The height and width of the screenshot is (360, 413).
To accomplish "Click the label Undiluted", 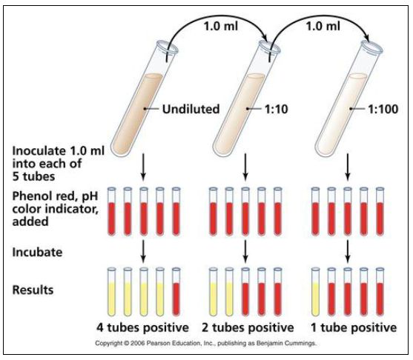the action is [191, 109].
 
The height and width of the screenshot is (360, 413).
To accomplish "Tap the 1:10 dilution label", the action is [276, 109].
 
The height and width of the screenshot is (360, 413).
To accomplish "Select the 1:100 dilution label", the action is [383, 109].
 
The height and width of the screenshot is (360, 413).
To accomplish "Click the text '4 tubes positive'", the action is [142, 327].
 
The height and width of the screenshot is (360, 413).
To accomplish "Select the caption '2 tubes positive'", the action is [248, 327].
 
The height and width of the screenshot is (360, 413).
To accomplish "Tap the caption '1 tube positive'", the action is [354, 327].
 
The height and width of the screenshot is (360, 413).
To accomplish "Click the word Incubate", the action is [37, 252].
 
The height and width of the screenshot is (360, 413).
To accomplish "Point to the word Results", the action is [33, 290].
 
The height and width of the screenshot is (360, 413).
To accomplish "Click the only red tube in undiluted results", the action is [176, 292].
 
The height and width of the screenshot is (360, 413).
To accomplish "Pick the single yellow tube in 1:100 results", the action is [316, 292].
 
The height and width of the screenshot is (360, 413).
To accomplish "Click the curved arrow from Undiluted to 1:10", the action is [216, 17].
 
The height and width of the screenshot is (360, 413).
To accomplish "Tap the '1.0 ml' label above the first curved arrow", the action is [221, 26].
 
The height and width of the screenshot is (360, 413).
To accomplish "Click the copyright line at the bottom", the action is [205, 343].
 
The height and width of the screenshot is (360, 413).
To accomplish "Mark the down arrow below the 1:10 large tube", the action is [245, 167].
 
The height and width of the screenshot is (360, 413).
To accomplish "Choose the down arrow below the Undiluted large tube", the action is [143, 167].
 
